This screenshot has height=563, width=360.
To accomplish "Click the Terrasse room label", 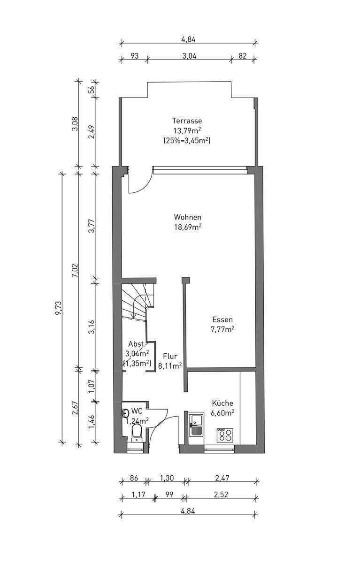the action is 187,121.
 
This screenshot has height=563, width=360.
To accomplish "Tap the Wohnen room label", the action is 188,217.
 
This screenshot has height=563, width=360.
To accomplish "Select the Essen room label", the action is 222,320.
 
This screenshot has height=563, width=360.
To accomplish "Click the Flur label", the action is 170,356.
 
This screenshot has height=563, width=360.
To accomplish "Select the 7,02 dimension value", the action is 75,270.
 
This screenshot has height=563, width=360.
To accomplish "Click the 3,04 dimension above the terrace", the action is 189,55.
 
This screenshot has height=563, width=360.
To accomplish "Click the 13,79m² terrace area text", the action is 187,130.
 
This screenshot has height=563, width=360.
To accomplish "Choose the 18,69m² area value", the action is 188,227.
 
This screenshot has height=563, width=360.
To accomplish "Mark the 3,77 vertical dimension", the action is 92,226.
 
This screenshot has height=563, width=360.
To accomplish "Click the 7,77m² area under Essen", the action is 223,329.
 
